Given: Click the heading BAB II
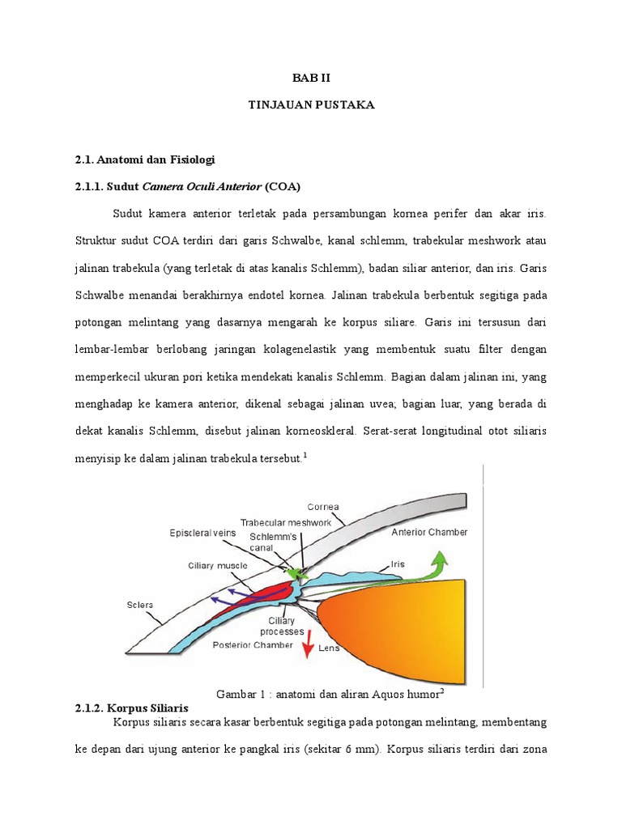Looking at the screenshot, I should point(310,78).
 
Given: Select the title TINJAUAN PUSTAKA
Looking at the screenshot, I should point(310,105).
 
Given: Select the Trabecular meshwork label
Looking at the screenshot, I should point(286,522).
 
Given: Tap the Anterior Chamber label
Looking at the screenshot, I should point(429,533).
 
